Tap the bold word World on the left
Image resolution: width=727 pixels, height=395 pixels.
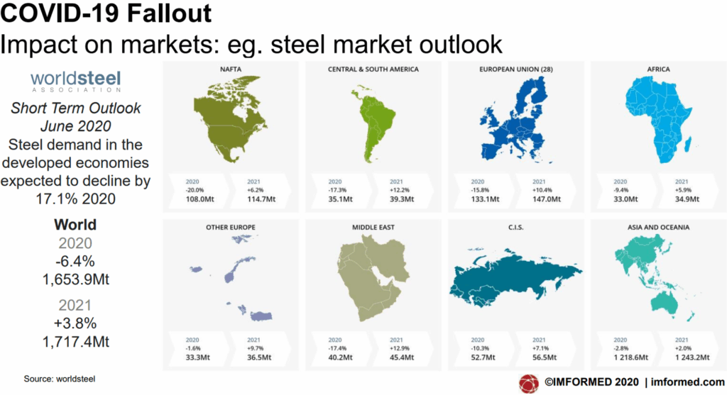coord(75,226)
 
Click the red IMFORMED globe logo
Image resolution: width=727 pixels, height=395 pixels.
coord(530,384)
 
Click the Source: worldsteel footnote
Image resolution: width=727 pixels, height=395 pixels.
coord(60,379)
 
